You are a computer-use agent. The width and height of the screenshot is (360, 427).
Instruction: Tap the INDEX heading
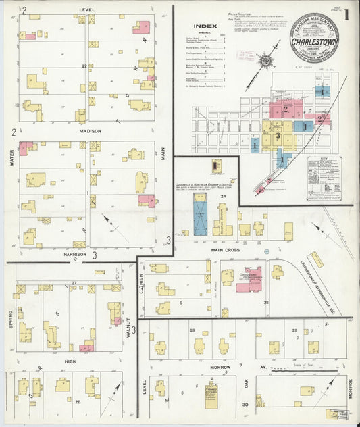tap(205, 26)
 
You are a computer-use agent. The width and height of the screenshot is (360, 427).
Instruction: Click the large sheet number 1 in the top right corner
tap(345, 15)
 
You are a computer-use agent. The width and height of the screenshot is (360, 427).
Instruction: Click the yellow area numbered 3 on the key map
tap(278, 135)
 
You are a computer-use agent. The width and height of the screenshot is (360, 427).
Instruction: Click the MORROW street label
tap(220, 367)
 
